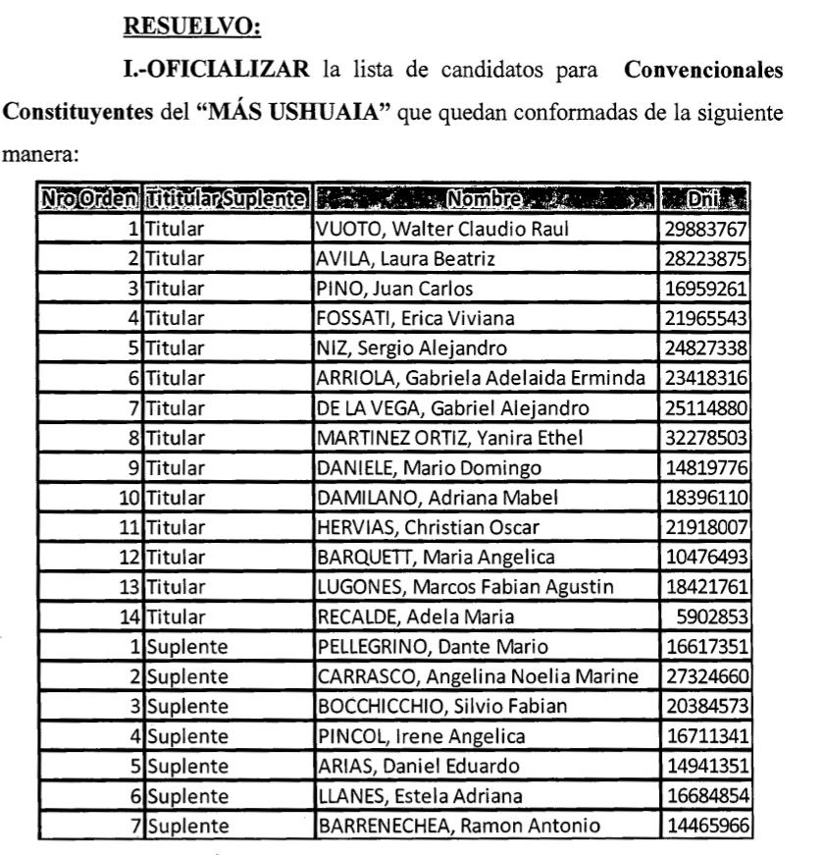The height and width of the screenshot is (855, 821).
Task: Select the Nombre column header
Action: coord(485,203)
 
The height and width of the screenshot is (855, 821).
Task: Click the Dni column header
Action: coord(705,203)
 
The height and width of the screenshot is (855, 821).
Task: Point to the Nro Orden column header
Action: coord(88,203)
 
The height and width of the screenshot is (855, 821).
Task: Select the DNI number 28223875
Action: coord(706,258)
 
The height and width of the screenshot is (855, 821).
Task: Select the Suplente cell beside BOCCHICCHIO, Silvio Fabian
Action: coord(187,706)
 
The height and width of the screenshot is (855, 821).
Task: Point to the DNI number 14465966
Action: coord(706,826)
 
